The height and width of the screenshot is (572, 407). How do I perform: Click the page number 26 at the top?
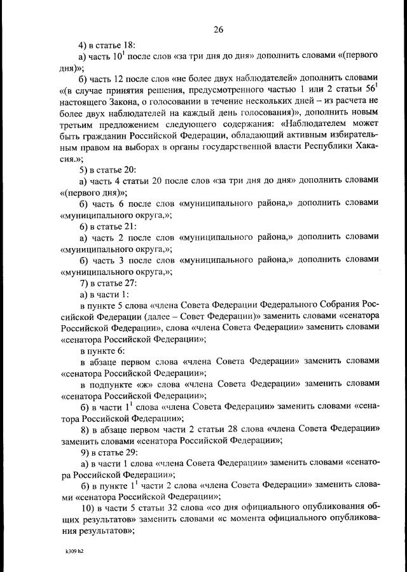pos(218,29)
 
